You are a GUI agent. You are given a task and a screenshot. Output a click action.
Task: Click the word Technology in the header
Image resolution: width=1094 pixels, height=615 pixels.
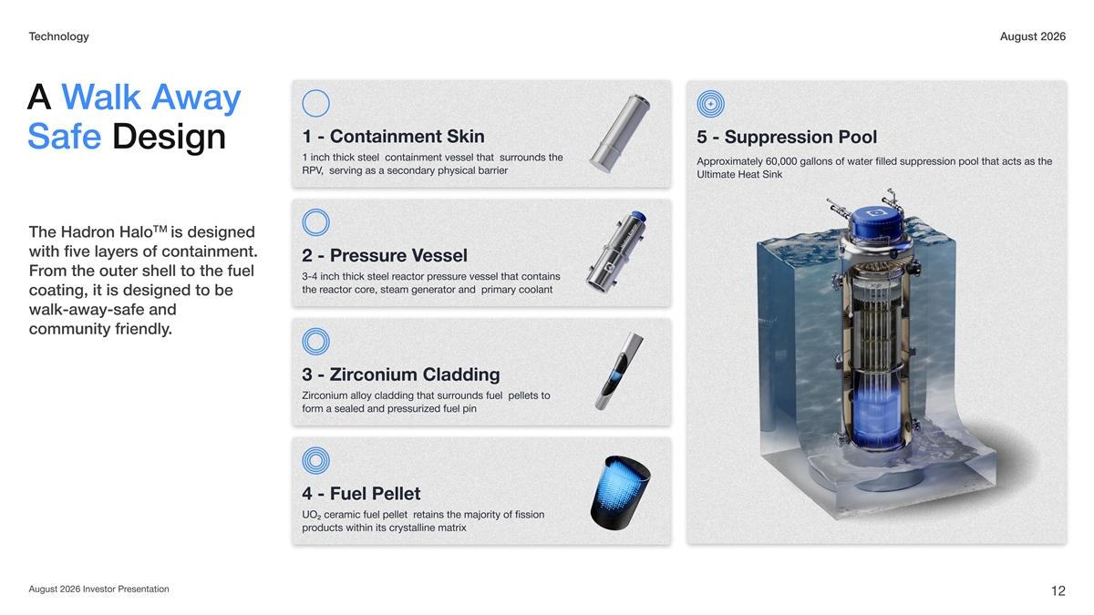click(x=58, y=36)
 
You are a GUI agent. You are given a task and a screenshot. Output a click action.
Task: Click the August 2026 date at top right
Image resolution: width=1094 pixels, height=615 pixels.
click(x=1032, y=36)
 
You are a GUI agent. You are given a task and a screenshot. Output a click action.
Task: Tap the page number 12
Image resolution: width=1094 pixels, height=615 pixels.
click(x=1058, y=591)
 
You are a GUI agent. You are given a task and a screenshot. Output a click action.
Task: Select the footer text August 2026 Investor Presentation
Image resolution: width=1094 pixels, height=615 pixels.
click(x=98, y=589)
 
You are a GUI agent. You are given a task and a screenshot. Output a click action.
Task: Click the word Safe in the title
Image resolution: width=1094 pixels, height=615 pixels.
click(x=65, y=137)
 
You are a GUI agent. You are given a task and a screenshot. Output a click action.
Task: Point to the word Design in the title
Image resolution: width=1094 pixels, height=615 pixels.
click(x=169, y=138)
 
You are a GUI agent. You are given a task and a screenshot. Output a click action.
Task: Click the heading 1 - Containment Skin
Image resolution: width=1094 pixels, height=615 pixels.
click(x=393, y=136)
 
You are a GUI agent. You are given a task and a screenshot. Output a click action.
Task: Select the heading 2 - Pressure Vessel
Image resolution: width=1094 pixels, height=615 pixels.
click(x=385, y=255)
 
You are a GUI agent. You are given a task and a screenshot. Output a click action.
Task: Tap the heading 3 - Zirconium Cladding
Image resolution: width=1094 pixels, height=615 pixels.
click(x=400, y=374)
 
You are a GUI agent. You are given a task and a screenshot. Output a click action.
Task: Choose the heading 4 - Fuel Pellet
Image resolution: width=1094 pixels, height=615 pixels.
click(x=361, y=494)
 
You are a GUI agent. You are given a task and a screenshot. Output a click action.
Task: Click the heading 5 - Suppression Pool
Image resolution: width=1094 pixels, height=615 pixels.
click(x=787, y=138)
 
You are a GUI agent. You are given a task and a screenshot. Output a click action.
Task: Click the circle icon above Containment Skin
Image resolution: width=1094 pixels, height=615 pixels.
click(x=316, y=103)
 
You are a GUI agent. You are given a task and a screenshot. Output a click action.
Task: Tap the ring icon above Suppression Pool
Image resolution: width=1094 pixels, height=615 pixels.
click(x=710, y=104)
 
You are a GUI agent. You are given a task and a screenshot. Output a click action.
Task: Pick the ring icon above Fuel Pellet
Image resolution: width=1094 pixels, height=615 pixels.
click(x=316, y=460)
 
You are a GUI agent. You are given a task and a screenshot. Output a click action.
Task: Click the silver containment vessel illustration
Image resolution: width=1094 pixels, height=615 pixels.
click(x=620, y=133)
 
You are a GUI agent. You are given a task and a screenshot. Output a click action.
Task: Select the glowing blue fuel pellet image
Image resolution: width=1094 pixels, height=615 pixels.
click(x=620, y=493)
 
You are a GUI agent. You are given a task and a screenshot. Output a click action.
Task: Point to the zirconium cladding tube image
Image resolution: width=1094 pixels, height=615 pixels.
click(x=619, y=372)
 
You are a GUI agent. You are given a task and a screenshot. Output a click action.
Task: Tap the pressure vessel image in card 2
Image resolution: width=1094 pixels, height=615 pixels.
click(x=616, y=252)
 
